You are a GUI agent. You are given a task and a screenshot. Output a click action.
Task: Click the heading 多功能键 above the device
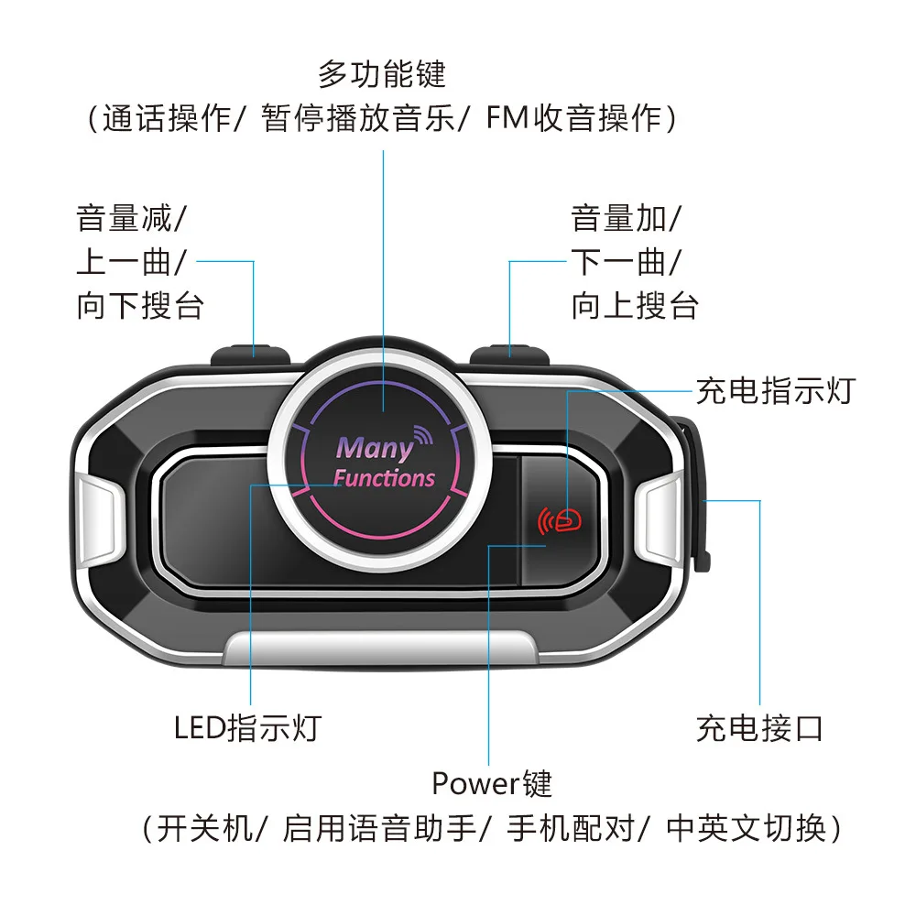pos(382,73)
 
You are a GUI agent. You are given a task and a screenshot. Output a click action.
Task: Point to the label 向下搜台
pos(140,305)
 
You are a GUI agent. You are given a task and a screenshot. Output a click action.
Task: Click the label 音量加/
pos(627,220)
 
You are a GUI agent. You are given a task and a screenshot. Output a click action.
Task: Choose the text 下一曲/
pos(627,263)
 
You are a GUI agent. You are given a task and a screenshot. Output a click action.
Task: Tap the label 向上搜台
pos(635,305)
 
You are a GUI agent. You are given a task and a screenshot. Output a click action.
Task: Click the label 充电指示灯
pos(775,391)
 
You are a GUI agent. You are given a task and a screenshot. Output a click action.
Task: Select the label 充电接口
pos(759,728)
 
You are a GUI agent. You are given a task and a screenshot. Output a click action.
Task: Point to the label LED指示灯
pos(247,728)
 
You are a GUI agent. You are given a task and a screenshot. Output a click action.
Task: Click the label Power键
pos(492,784)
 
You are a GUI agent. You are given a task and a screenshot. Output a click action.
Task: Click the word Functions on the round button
pos(384,478)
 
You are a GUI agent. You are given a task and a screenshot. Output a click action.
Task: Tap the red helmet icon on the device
pos(568,520)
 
